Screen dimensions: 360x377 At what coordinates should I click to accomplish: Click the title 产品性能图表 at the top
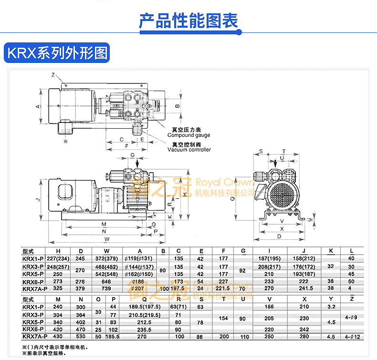pyautogui.click(x=188, y=21)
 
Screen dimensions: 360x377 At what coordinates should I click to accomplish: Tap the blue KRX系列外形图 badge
pyautogui.click(x=56, y=53)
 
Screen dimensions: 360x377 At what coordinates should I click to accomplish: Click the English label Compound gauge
pyautogui.click(x=188, y=135)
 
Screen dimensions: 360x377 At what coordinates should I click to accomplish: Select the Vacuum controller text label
pyautogui.click(x=189, y=150)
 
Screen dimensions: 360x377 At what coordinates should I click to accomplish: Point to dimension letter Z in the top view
pyautogui.click(x=53, y=75)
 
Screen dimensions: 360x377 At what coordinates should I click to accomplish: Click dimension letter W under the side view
pyautogui.click(x=106, y=238)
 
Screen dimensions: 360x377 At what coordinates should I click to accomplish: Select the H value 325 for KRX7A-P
pyautogui.click(x=58, y=288)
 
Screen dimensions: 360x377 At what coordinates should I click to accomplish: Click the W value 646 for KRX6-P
pyautogui.click(x=106, y=281)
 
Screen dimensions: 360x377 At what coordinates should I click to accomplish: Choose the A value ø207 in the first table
pyautogui.click(x=140, y=288)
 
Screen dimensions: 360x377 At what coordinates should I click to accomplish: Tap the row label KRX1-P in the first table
pyautogui.click(x=33, y=259)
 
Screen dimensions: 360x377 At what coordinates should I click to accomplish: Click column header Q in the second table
pyautogui.click(x=140, y=299)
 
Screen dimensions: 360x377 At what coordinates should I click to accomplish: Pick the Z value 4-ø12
pyautogui.click(x=351, y=337)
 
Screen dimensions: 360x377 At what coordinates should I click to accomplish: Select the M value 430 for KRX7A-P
pyautogui.click(x=58, y=337)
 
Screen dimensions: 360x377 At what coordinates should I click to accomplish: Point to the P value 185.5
pyautogui.click(x=113, y=337)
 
